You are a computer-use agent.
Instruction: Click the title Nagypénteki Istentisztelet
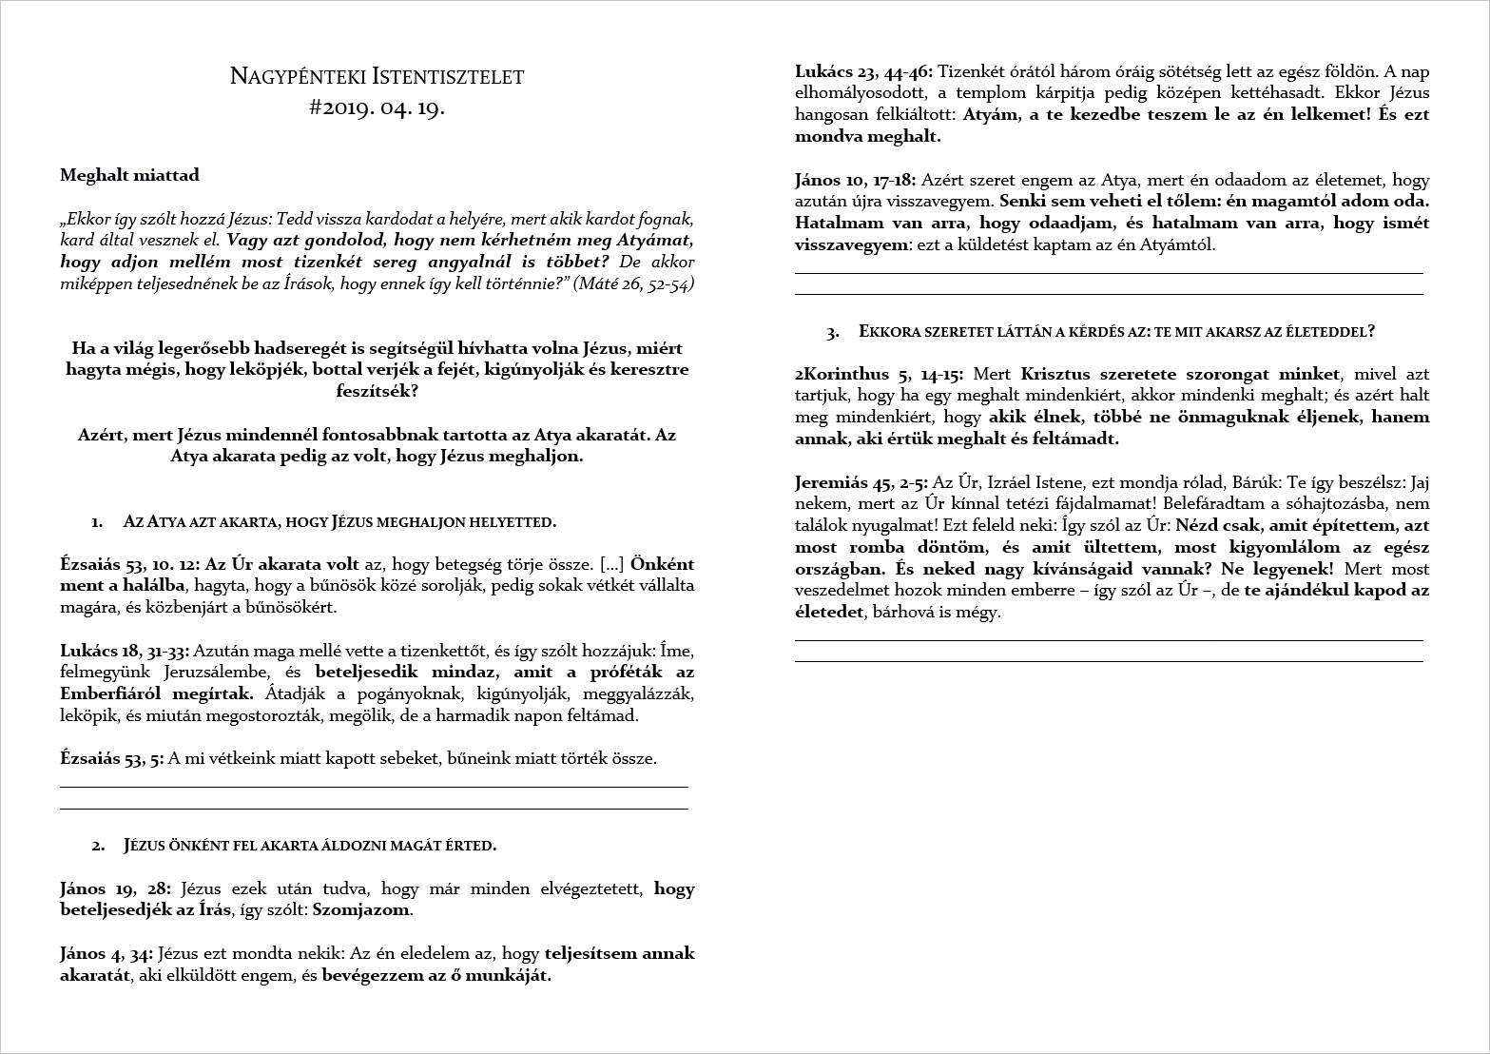point(377,76)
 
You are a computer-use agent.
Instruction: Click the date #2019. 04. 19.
point(377,107)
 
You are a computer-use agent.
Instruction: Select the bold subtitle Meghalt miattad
point(129,175)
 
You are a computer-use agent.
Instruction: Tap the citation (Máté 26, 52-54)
point(633,283)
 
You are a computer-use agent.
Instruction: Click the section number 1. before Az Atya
point(97,521)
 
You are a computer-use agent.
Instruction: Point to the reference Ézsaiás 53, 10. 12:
point(130,564)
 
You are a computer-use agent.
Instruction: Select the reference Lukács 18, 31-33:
point(125,652)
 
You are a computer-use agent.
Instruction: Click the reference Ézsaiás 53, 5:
point(111,758)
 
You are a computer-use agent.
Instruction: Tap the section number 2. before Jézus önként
point(98,845)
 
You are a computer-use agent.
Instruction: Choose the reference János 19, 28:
point(115,888)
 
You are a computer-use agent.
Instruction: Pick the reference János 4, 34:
point(106,953)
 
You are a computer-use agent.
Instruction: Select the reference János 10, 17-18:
point(855,180)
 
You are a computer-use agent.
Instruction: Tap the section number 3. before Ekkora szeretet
point(833,332)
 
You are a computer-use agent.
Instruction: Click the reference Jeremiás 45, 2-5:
point(861,482)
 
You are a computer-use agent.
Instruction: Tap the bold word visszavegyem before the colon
point(850,244)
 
